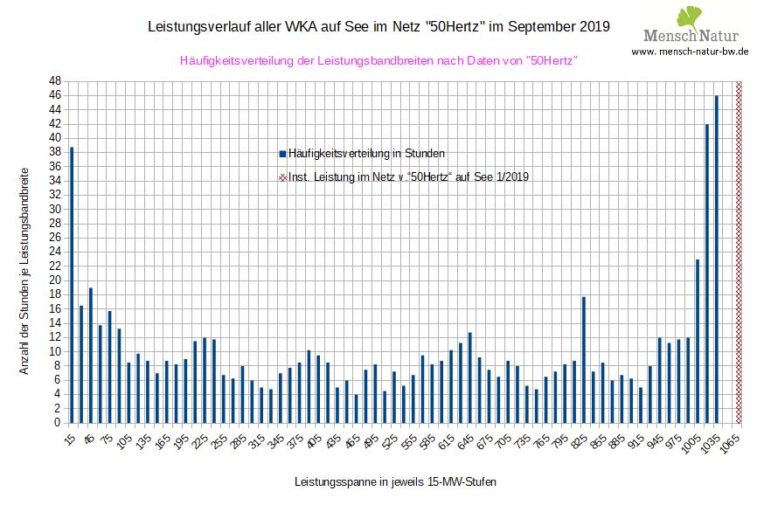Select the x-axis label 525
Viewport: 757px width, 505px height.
click(387, 441)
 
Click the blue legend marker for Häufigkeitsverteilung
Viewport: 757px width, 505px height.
click(282, 154)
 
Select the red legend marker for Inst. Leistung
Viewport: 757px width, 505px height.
click(282, 176)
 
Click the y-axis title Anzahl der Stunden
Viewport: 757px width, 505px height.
click(24, 271)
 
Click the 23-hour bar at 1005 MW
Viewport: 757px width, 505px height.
click(698, 341)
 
